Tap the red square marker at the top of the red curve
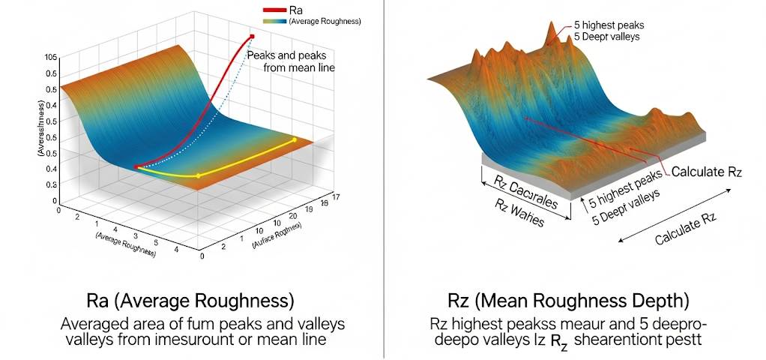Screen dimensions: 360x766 click(253, 37)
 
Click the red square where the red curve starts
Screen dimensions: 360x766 click(136, 166)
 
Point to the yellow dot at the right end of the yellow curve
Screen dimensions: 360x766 click(294, 139)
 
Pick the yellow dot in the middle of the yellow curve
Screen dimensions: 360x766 click(198, 175)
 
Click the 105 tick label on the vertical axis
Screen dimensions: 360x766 click(51, 58)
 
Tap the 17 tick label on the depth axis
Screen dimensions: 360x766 click(335, 196)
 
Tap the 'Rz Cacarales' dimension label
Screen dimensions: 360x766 click(527, 187)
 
